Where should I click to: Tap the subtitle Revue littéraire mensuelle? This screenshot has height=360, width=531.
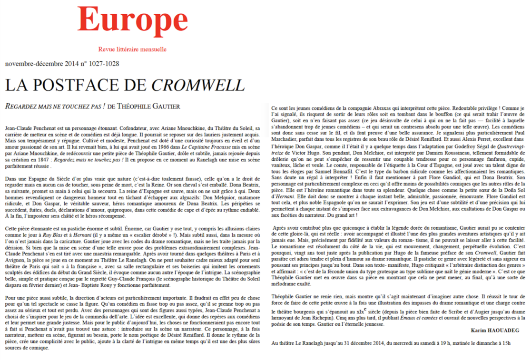[132, 49]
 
